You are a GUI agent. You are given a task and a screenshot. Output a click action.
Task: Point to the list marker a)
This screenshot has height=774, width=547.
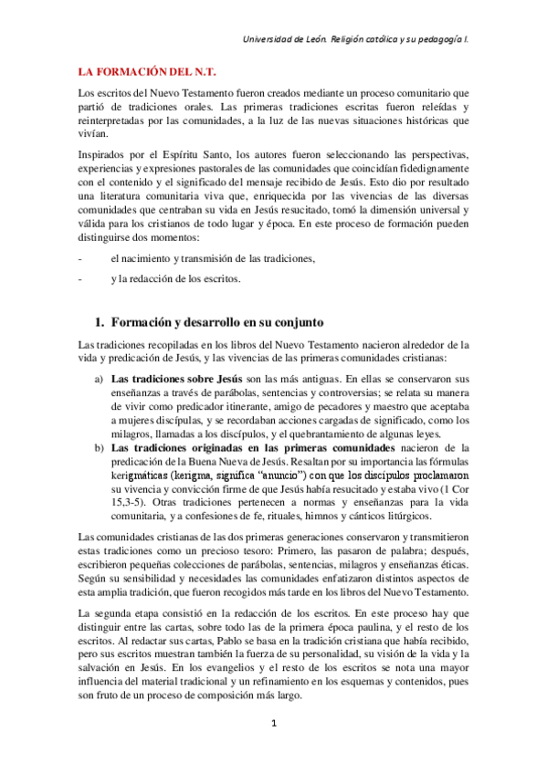pyautogui.click(x=99, y=378)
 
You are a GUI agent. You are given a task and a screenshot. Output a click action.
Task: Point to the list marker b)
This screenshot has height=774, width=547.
pyautogui.click(x=99, y=447)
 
